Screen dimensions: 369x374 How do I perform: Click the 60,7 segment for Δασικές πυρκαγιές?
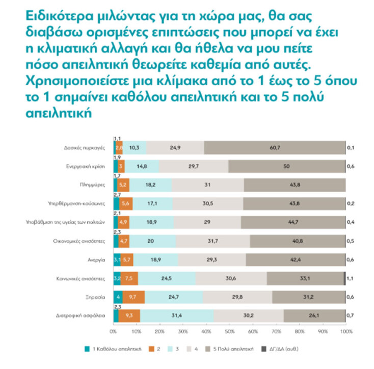[x=274, y=148]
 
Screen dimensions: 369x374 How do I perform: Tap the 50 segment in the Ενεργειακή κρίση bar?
[x=287, y=167]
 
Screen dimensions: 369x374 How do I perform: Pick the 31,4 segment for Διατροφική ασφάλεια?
[x=177, y=315]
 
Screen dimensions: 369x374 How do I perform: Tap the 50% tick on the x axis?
[x=230, y=332]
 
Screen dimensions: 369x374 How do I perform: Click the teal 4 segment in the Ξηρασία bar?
[x=118, y=297]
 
